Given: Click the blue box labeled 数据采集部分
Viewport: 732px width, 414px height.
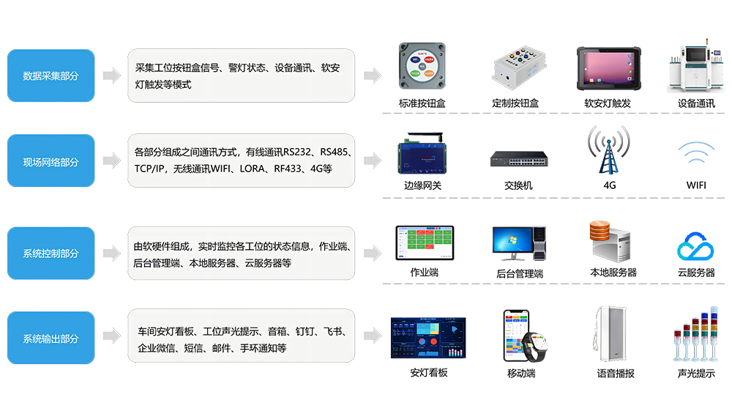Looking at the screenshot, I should coord(51,75).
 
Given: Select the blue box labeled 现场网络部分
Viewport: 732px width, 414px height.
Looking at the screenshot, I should coord(51,161).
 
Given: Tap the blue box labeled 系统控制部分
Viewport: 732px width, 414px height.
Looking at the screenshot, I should coord(51,254).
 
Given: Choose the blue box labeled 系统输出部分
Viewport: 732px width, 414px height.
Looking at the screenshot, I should coord(51,339).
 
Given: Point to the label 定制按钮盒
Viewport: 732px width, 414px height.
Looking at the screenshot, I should coord(515,103).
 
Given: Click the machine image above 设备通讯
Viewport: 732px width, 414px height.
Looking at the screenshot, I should coord(695,70).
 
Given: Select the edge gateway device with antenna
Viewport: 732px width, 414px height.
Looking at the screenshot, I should coord(423,154).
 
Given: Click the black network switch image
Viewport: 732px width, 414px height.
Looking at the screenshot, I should coord(518,159).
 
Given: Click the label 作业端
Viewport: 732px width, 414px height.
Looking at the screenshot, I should coord(424,273).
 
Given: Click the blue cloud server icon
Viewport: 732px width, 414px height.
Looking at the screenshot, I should coord(695,247).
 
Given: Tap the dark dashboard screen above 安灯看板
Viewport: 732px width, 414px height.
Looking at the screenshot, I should coord(428,339).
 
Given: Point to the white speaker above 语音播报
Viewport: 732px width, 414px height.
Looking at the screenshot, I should coord(610,334).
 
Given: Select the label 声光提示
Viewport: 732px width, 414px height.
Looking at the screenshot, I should coord(696,373).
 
